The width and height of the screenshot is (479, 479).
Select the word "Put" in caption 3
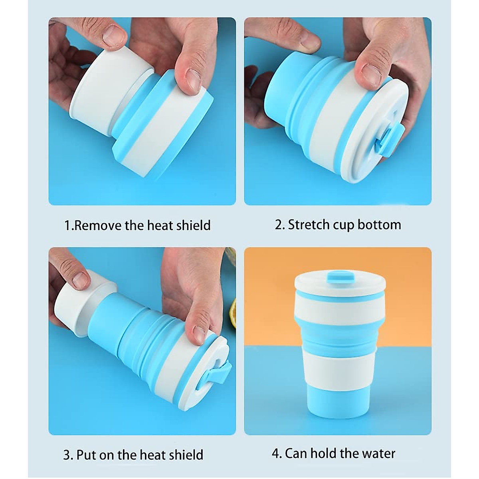87,455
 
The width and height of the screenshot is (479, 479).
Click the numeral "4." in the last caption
277,454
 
